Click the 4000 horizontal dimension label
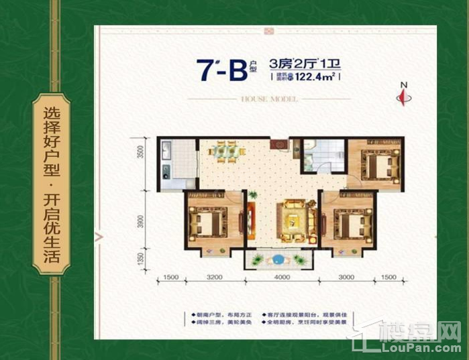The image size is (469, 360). click(282, 278)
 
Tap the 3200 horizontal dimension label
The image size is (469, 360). click(214, 278)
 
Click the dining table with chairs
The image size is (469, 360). click(224, 152)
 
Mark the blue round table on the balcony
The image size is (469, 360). click(276, 259)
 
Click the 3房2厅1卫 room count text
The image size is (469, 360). click(305, 64)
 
